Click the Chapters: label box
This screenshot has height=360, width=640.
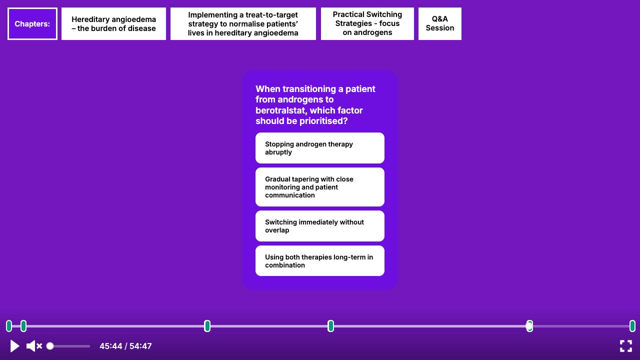coord(32,23)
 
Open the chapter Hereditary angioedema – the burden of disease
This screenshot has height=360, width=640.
coord(113,23)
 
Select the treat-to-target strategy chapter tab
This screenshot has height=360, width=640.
coord(243,23)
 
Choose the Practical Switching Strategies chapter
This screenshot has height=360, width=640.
coord(367,23)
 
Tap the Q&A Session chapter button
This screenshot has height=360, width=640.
coord(439,23)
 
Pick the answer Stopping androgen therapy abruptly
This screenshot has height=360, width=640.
coord(319,148)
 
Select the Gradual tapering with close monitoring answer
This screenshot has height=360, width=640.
coord(319,187)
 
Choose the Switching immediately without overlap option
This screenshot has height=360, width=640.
coord(319,226)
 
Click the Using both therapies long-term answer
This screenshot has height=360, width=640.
coord(319,261)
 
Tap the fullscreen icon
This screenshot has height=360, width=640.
coord(625,346)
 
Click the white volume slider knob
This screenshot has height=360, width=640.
coord(50,346)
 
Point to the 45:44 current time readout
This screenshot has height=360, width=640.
coord(111,346)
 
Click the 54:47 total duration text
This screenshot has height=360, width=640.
coord(140,346)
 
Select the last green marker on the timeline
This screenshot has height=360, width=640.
coord(632,326)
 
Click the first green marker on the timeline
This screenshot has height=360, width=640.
coord(9,326)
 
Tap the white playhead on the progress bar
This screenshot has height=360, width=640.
coord(529,326)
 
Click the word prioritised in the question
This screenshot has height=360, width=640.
coord(323,121)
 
